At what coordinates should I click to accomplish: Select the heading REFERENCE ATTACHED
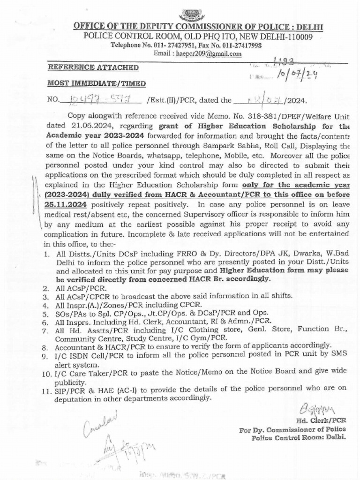click(94, 68)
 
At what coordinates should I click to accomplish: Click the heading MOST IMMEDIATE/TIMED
click(97, 84)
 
